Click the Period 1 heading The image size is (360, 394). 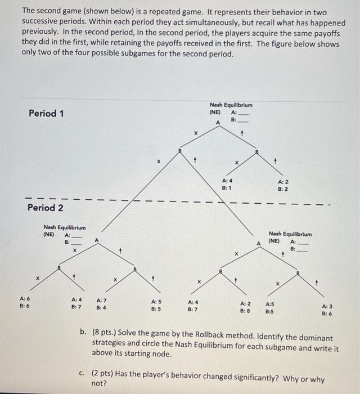(x=46, y=113)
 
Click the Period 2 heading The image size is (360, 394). (x=46, y=208)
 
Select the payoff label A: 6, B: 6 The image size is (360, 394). (x=25, y=303)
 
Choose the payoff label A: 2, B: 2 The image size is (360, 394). (x=283, y=186)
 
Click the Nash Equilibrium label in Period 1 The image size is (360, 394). (x=231, y=105)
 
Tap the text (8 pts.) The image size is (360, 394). (x=107, y=338)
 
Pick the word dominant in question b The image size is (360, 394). (x=321, y=338)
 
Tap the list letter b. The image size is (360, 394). (x=83, y=338)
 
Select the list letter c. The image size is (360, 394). (x=83, y=373)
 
